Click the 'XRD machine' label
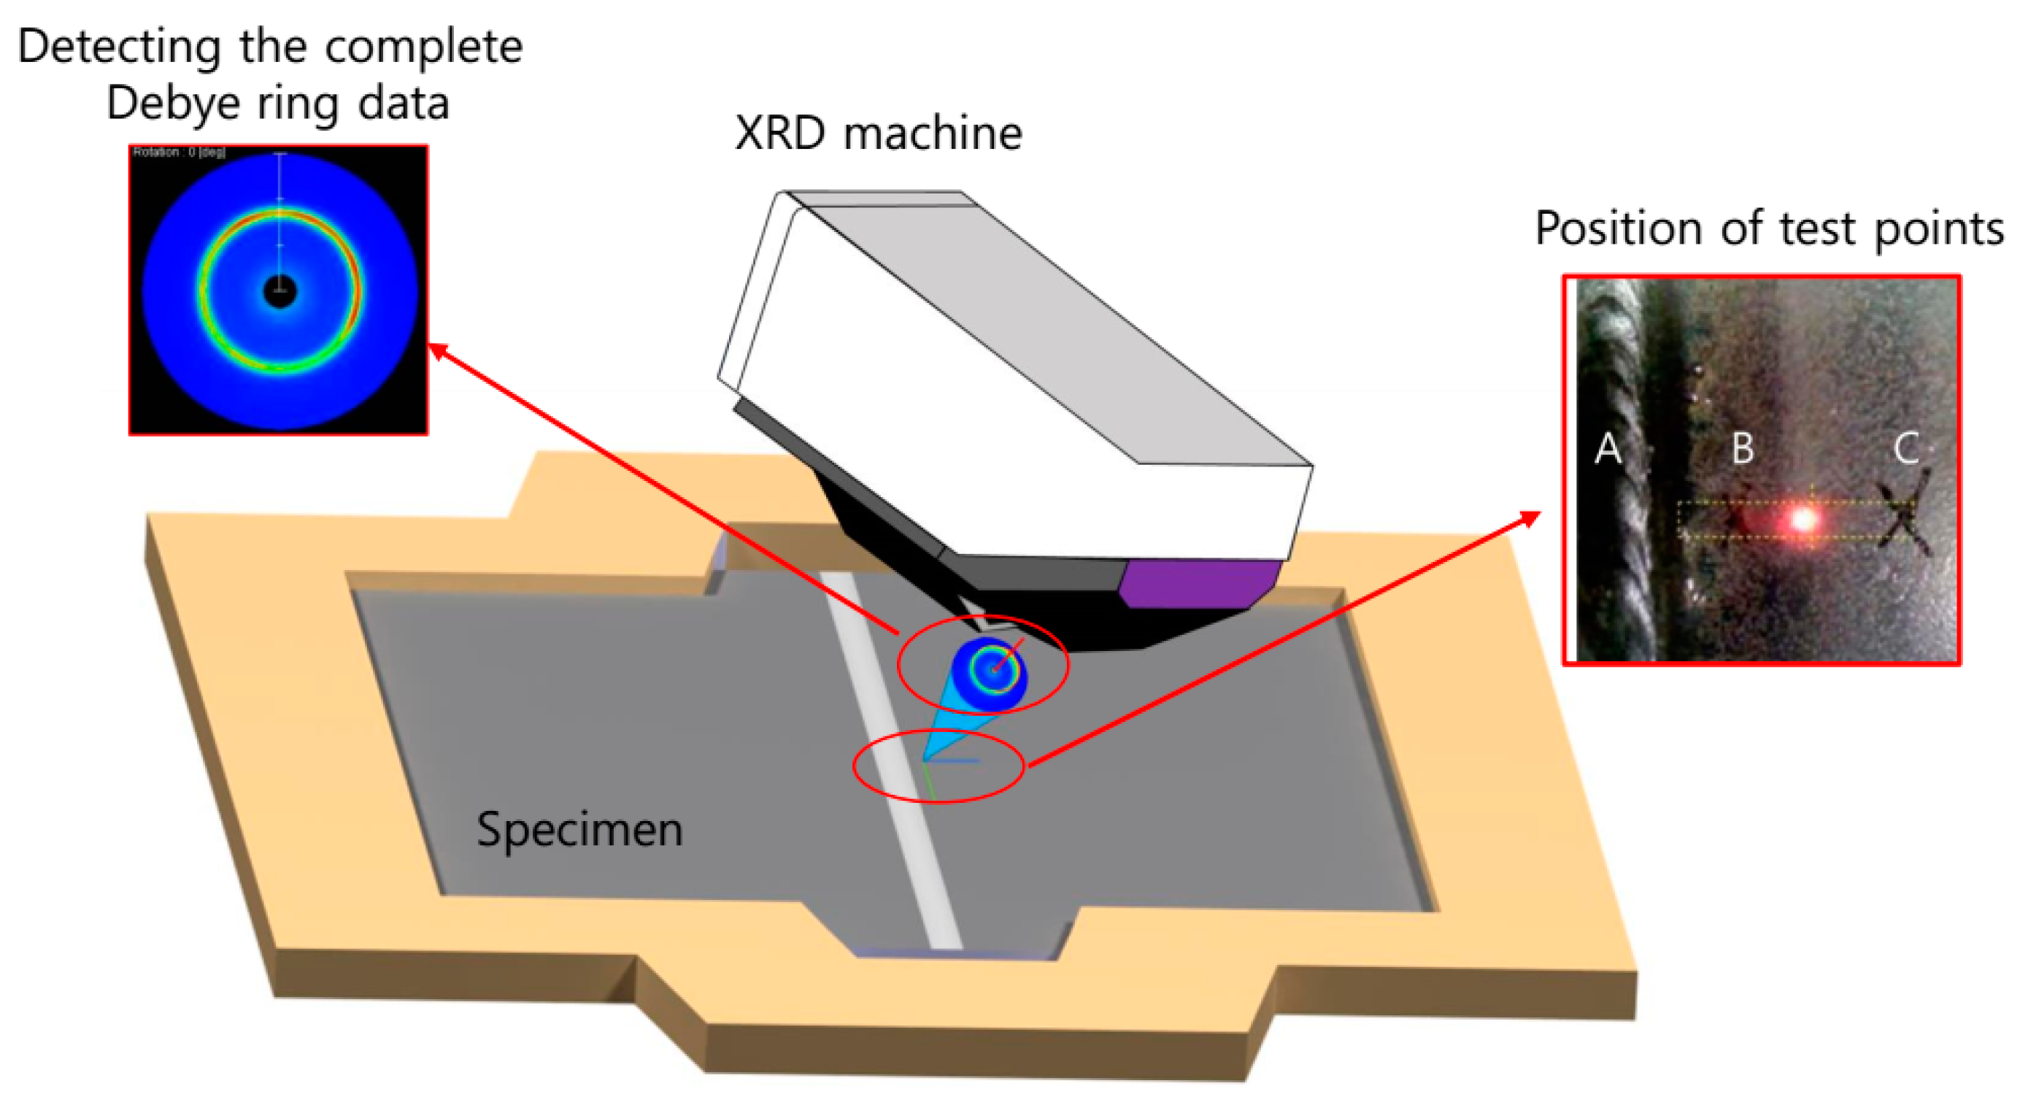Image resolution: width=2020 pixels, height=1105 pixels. (x=878, y=134)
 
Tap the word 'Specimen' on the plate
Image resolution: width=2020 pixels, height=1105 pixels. (x=579, y=830)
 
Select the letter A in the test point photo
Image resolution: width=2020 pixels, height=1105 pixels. (x=1608, y=450)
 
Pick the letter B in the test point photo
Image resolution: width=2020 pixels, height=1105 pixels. (x=1743, y=450)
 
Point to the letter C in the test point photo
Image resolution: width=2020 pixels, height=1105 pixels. (x=1906, y=450)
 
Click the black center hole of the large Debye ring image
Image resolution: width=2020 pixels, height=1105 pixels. (x=280, y=292)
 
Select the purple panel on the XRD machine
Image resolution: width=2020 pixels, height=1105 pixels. (x=1196, y=582)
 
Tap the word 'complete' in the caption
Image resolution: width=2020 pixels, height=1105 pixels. (x=423, y=47)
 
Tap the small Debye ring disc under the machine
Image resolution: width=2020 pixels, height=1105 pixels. (x=990, y=671)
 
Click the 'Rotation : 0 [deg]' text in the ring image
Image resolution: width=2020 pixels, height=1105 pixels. (x=179, y=152)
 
